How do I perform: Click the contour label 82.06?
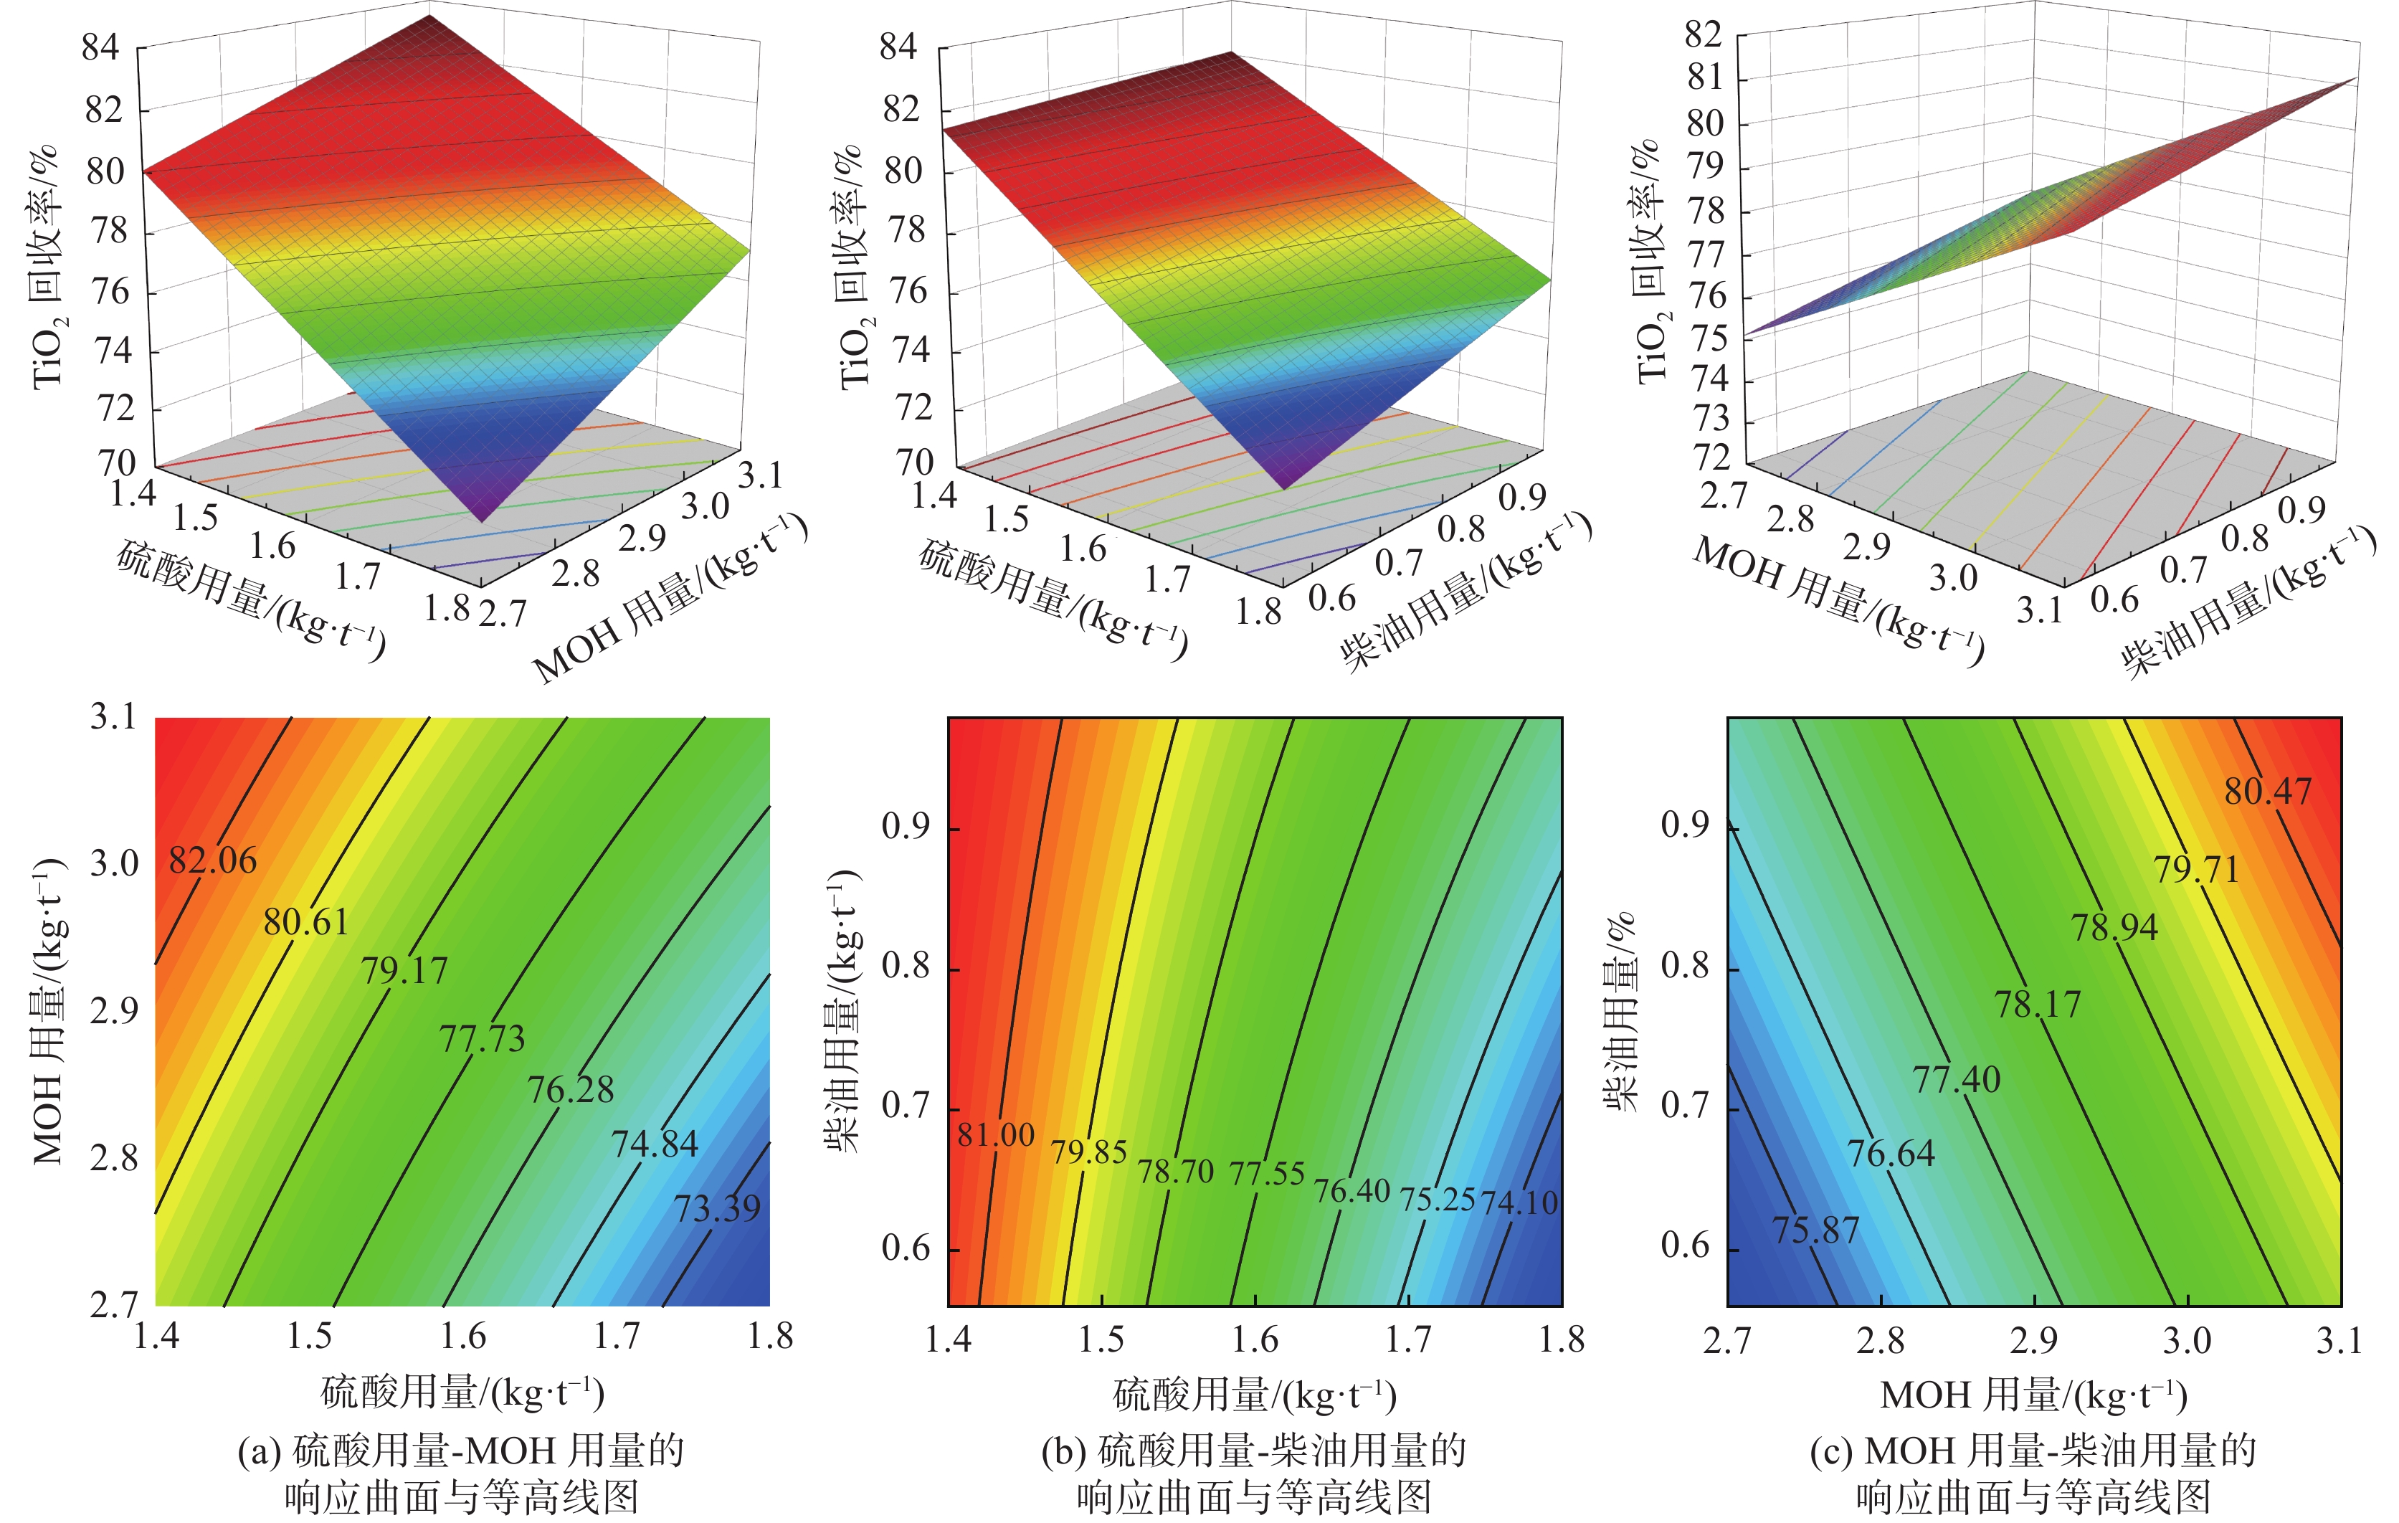point(212,860)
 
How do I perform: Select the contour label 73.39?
point(717,1209)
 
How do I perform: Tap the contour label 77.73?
point(483,1039)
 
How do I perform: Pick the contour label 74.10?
point(1519,1203)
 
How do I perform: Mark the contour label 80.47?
point(2269,792)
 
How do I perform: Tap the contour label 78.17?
point(2038,1004)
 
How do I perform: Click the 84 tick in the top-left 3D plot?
point(100,47)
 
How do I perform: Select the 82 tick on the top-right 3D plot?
point(1703,35)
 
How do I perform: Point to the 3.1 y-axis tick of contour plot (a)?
point(113,716)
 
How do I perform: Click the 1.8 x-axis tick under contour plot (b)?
point(1561,1339)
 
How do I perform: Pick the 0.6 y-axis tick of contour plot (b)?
point(906,1248)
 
